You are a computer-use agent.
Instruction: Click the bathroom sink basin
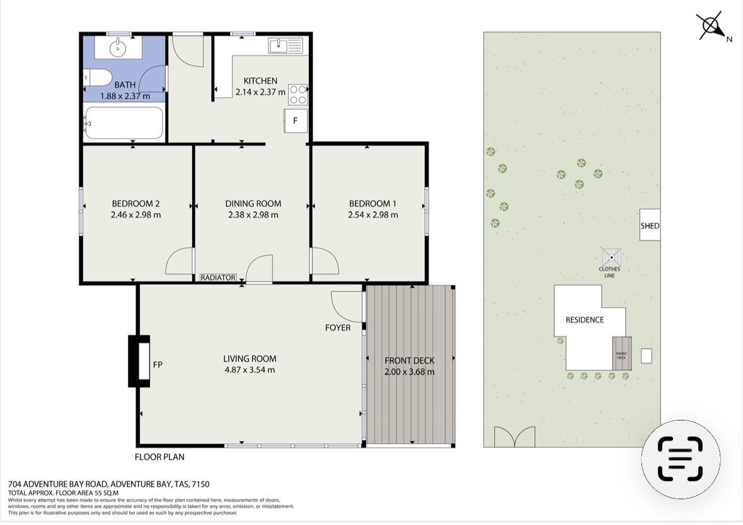[x=117, y=47]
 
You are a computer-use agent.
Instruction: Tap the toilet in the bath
[x=97, y=77]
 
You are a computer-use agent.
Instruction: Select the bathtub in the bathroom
[x=124, y=123]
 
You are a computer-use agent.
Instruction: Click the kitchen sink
[x=285, y=46]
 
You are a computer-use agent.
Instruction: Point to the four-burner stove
[x=297, y=94]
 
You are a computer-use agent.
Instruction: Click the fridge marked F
[x=295, y=121]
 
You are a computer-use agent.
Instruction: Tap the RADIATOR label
[x=218, y=278]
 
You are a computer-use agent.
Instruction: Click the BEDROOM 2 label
[x=135, y=203]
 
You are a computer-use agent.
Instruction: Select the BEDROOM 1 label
[x=372, y=203]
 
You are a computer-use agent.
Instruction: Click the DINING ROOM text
[x=253, y=203]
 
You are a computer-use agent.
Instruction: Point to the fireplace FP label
[x=158, y=364]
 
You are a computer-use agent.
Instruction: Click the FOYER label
[x=338, y=327]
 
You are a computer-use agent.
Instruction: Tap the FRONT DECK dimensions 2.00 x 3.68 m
[x=410, y=371]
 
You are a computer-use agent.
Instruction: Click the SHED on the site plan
[x=650, y=225]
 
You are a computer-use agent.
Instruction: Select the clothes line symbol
[x=611, y=257]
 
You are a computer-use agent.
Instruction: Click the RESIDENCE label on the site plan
[x=585, y=320]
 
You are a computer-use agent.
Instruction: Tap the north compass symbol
[x=710, y=26]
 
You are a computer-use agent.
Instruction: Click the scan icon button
[x=681, y=459]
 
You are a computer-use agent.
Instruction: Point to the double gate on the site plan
[x=515, y=436]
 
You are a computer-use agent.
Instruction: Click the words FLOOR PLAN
[x=159, y=457]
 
